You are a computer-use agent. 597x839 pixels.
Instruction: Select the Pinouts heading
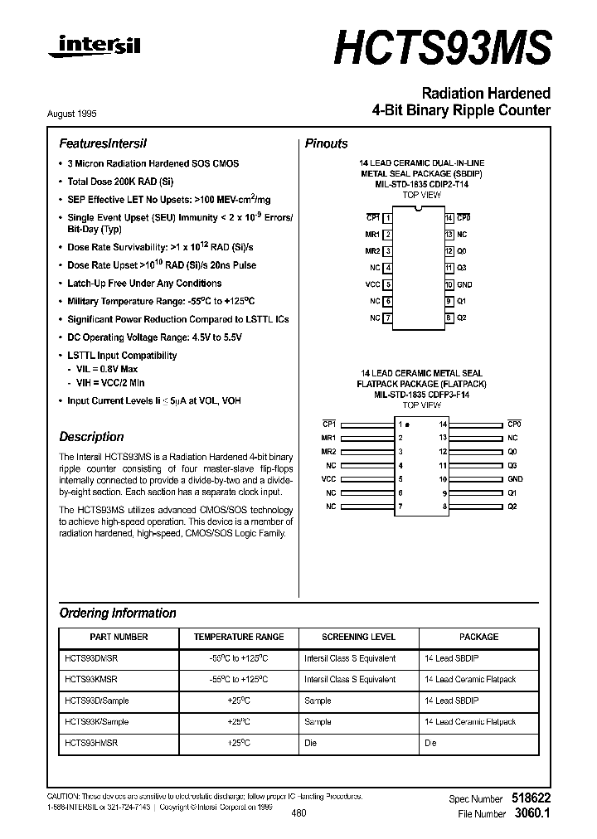coord(327,143)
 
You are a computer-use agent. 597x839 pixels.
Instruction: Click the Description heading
coord(91,437)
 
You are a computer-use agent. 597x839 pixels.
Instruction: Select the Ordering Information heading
coord(118,613)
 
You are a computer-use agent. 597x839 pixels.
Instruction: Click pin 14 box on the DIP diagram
coord(449,217)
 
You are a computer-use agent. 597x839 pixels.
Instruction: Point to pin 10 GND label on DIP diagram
coord(464,284)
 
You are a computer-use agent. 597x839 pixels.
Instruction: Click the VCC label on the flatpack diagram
coord(329,478)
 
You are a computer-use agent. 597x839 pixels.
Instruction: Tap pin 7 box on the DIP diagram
coord(387,318)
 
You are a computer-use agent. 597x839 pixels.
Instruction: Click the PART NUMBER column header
coord(119,637)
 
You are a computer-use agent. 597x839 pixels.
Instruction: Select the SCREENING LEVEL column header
coord(358,637)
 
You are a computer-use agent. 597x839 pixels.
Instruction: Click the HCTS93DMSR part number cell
coord(91,658)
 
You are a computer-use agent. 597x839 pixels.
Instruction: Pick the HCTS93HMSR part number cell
coord(91,744)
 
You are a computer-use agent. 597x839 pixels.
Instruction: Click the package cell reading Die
coord(430,744)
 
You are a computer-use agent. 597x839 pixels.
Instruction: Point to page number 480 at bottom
coord(299,813)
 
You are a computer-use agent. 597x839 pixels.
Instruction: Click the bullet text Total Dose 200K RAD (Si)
coord(120,182)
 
